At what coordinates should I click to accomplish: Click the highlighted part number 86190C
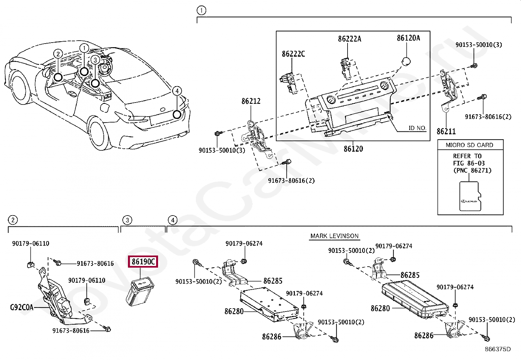tap(143, 262)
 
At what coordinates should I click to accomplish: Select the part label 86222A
tap(350, 39)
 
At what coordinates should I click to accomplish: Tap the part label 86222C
tap(293, 54)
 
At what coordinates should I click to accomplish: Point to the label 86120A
tap(408, 38)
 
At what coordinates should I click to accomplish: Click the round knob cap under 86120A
tap(406, 61)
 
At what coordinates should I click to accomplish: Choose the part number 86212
tap(251, 101)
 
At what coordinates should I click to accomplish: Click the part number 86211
tap(446, 131)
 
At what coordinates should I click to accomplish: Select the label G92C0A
tap(22, 307)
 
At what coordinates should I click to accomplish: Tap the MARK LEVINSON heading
tap(334, 236)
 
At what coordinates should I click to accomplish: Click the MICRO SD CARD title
tap(469, 145)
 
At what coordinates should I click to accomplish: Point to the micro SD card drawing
tap(471, 196)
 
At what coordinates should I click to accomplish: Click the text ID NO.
tap(417, 128)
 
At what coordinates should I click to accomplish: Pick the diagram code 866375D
tap(497, 349)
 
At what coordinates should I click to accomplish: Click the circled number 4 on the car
tap(177, 91)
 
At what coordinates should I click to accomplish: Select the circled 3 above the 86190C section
tap(127, 220)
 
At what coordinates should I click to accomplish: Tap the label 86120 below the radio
tap(353, 149)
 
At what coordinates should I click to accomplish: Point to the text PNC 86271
tap(472, 170)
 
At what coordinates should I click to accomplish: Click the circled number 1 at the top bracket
tap(201, 10)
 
